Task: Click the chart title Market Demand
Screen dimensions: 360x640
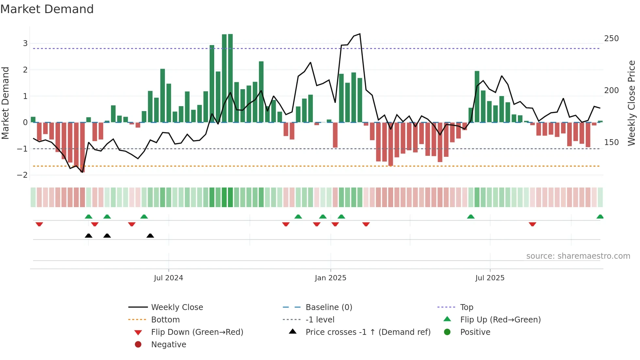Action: pos(47,9)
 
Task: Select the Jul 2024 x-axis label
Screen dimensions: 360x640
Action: pos(168,278)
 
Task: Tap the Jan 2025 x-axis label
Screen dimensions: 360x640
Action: pos(330,278)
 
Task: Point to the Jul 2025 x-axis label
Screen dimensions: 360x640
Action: pos(490,278)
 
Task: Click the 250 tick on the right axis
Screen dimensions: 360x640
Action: pos(611,39)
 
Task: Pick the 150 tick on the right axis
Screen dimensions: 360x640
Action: pos(611,142)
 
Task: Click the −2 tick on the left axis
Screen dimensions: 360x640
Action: pos(22,175)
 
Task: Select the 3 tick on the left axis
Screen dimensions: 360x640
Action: pos(25,43)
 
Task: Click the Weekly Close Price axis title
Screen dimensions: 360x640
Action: pos(632,103)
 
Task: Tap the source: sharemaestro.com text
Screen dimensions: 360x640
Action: pos(578,256)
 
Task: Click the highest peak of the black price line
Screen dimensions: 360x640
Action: pos(360,34)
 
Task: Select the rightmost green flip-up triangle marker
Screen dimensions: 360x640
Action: pos(600,217)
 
